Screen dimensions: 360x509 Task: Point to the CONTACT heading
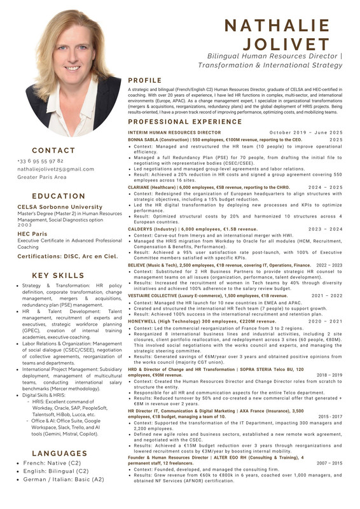click(x=54, y=151)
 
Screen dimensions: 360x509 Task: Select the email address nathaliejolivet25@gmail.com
click(x=55, y=169)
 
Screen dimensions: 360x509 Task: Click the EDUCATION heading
click(x=58, y=197)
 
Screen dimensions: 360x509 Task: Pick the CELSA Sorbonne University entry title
click(x=51, y=207)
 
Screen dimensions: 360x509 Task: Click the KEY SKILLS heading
click(x=58, y=275)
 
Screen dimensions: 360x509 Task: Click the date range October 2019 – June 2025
click(x=309, y=132)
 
